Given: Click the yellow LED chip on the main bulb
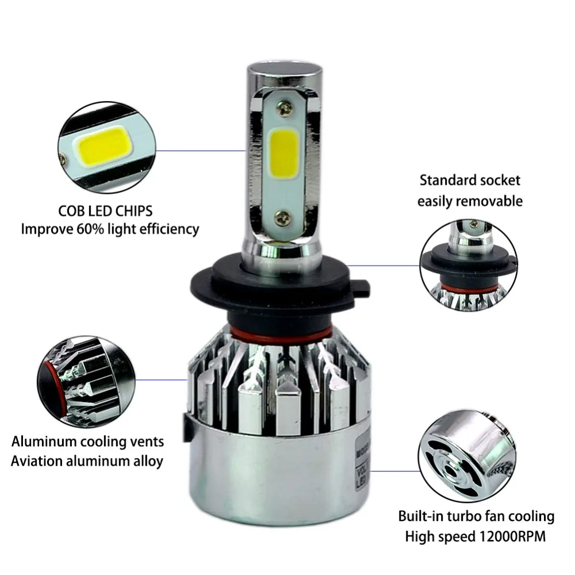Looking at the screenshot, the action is pyautogui.click(x=284, y=154).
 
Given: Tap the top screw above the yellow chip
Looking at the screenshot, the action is pyautogui.click(x=285, y=108).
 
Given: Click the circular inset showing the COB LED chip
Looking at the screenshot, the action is pyautogui.click(x=107, y=147).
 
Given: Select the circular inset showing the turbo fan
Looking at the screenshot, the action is pyautogui.click(x=467, y=456).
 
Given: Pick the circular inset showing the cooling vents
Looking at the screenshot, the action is pyautogui.click(x=87, y=381).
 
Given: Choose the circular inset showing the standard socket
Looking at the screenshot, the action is pyautogui.click(x=469, y=266).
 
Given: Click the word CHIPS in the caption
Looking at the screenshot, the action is pyautogui.click(x=133, y=211).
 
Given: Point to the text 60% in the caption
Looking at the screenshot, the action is pyautogui.click(x=90, y=229).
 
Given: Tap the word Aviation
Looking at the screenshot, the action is pyautogui.click(x=37, y=461).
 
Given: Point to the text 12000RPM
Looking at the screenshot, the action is pyautogui.click(x=512, y=536).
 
